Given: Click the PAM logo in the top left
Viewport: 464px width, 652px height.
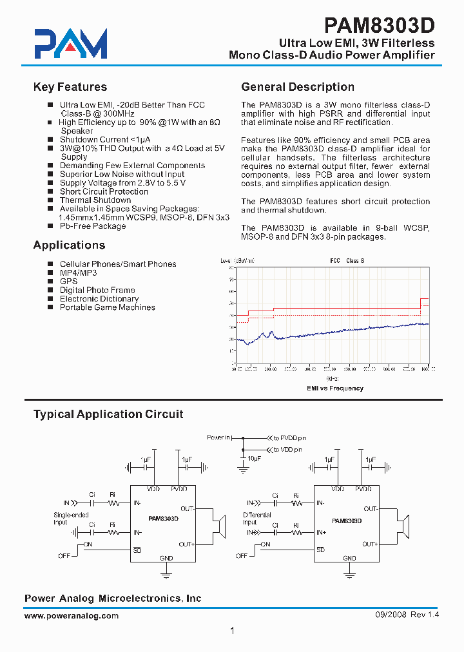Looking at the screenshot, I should tap(71, 44).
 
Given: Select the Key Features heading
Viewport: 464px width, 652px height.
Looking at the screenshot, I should tap(70, 87).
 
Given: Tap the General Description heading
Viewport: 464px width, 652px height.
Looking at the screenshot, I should tap(298, 87).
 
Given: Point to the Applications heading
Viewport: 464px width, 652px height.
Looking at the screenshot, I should tap(69, 245).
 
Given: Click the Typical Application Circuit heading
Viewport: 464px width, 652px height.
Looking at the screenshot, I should tap(108, 414).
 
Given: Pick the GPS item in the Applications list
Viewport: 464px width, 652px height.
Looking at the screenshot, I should tap(68, 282).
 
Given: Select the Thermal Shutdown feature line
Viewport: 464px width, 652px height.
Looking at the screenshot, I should tap(95, 200).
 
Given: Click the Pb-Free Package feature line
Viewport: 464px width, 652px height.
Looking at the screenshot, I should tap(93, 226).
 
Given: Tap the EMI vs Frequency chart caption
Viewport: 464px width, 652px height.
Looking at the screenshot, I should tap(334, 388).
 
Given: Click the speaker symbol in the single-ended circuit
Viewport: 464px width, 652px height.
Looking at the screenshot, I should tap(220, 526).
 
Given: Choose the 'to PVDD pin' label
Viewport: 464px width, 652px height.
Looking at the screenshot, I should tap(289, 437).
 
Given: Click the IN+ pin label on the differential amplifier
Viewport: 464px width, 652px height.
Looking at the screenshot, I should tap(321, 533).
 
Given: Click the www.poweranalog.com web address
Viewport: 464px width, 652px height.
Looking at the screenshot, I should tap(72, 616).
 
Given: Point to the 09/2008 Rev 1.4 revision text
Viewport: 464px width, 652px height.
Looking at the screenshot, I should tap(407, 615).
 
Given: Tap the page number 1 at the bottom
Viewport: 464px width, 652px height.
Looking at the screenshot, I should tap(232, 631).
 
